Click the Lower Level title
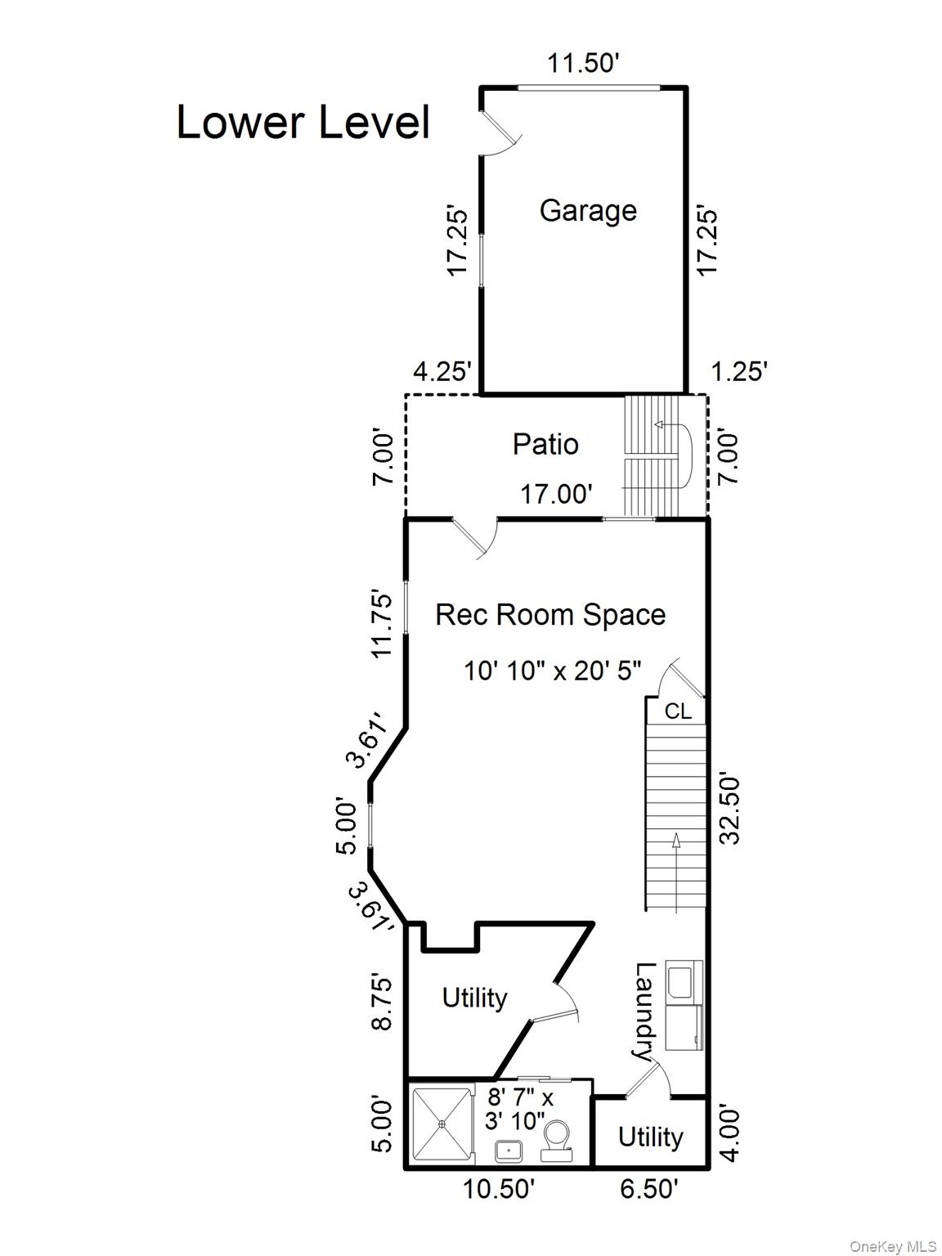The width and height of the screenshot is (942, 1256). tap(303, 123)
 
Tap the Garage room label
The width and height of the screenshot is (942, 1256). tap(588, 210)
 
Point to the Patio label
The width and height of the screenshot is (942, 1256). tap(545, 444)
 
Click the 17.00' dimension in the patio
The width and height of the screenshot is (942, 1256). tap(556, 494)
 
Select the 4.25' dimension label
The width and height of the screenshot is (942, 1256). tap(442, 372)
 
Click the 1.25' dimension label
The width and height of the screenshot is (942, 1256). tap(738, 372)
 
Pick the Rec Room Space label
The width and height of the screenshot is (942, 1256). tap(550, 614)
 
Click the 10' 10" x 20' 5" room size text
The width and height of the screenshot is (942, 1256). tap(553, 671)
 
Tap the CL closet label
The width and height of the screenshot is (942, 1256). tap(677, 711)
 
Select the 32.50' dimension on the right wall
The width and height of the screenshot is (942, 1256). tap(729, 808)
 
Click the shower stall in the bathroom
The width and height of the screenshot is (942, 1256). tap(442, 1124)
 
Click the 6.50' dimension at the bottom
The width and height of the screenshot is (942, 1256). tap(648, 1188)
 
